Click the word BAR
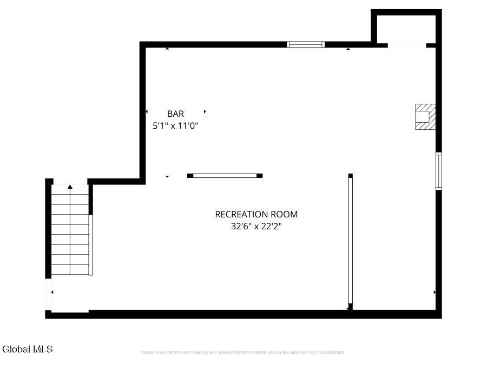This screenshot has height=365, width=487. pyautogui.click(x=175, y=114)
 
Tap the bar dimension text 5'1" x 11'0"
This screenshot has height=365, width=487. pyautogui.click(x=175, y=125)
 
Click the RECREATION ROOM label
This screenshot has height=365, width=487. pyautogui.click(x=256, y=214)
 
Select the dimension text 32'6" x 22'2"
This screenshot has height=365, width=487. pyautogui.click(x=256, y=226)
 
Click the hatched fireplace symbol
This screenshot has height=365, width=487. pyautogui.click(x=425, y=117)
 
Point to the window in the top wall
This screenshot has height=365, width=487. pyautogui.click(x=306, y=44)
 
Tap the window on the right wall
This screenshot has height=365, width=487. pyautogui.click(x=438, y=171)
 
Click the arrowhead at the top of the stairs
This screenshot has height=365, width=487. pyautogui.click(x=70, y=187)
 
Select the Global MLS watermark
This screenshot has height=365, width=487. pyautogui.click(x=28, y=349)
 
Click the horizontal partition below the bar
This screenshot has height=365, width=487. pyautogui.click(x=225, y=176)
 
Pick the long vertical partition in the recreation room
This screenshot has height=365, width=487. pyautogui.click(x=350, y=242)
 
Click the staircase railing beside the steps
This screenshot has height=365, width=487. pyautogui.click(x=91, y=244)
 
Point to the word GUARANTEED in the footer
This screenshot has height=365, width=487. pyautogui.click(x=332, y=353)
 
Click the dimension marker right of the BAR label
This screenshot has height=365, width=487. pyautogui.click(x=205, y=111)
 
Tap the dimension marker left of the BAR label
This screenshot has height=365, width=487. pyautogui.click(x=147, y=111)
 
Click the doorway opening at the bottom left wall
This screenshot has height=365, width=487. pyautogui.click(x=49, y=294)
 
